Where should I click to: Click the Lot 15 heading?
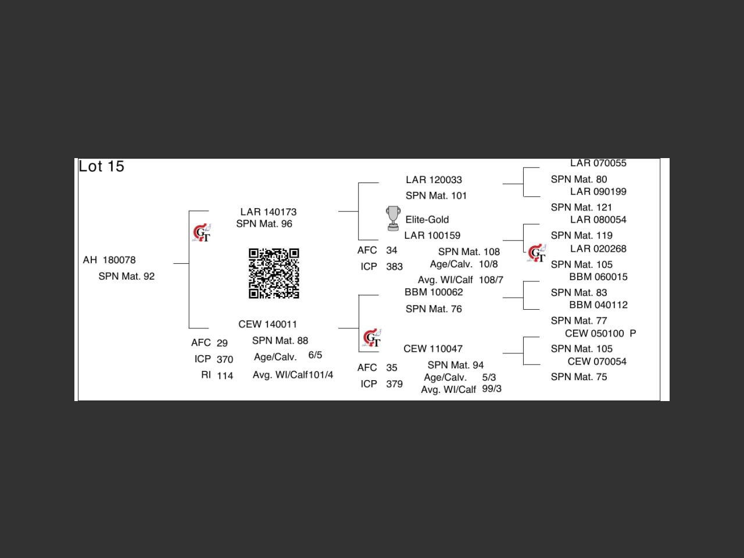102,166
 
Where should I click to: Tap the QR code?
274,273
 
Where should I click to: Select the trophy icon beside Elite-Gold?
393,218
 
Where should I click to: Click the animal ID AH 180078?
109,260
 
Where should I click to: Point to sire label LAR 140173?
269,212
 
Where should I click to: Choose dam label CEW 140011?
267,324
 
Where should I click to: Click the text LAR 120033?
434,180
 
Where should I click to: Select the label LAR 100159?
432,235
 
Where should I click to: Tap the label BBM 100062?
434,292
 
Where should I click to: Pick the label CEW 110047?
433,349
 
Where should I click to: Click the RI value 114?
225,375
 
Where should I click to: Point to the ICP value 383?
394,267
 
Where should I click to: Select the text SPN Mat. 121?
581,207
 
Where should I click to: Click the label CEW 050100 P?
600,333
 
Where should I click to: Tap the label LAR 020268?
598,249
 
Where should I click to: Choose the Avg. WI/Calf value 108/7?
491,280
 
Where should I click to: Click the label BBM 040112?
598,305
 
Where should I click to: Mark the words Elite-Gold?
427,220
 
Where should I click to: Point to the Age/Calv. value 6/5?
315,355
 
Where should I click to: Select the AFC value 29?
222,343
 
